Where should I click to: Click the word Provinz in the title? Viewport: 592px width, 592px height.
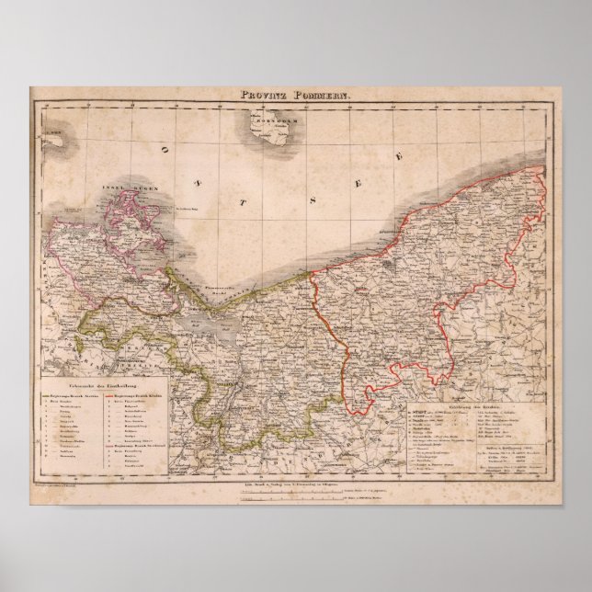[259, 94]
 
